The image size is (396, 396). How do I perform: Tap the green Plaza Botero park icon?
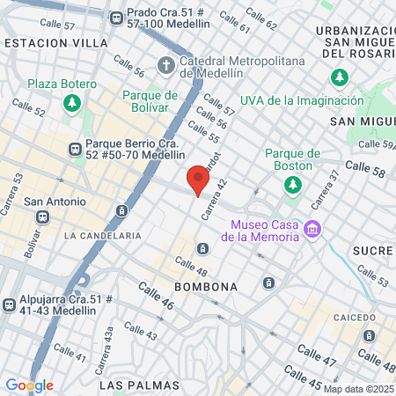pyautogui.click(x=71, y=103)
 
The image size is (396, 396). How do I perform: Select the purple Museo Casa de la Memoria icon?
pyautogui.click(x=310, y=230)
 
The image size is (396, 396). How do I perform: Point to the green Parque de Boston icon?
pyautogui.click(x=291, y=184)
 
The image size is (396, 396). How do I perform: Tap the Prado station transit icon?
pyautogui.click(x=116, y=17)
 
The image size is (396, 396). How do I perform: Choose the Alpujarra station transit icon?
pyautogui.click(x=8, y=305)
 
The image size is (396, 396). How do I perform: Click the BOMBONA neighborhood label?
pyautogui.click(x=206, y=287)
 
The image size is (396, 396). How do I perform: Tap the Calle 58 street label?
pyautogui.click(x=364, y=169)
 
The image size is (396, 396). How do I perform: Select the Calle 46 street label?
pyautogui.click(x=155, y=298)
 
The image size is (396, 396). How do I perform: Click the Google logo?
pyautogui.click(x=28, y=385)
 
